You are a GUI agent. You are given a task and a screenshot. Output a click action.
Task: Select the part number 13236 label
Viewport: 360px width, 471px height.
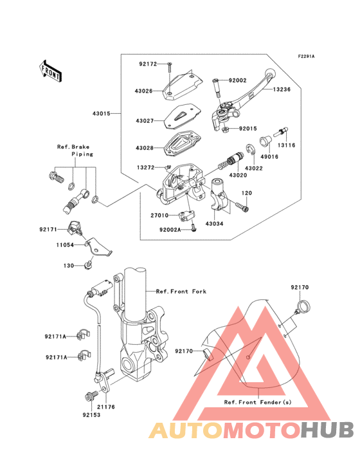point(282,90)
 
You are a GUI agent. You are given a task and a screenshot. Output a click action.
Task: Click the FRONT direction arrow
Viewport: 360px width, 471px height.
point(51,70)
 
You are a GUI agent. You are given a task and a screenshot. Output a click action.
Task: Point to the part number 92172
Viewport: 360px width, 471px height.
point(147,64)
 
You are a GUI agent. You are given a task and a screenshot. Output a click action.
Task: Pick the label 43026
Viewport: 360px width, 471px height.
point(144,91)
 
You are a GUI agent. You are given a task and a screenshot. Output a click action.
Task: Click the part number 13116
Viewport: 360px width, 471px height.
point(287,146)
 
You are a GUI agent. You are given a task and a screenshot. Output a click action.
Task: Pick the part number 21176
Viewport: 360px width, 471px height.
point(106,407)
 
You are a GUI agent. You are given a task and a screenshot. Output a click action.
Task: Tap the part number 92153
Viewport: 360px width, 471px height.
point(91,416)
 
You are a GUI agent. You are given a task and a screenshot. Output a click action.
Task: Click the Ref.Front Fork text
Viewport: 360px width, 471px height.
point(181,291)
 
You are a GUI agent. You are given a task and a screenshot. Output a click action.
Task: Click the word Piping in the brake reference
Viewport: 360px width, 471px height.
point(82,154)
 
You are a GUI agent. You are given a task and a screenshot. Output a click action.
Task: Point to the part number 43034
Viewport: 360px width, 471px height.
point(214,223)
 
